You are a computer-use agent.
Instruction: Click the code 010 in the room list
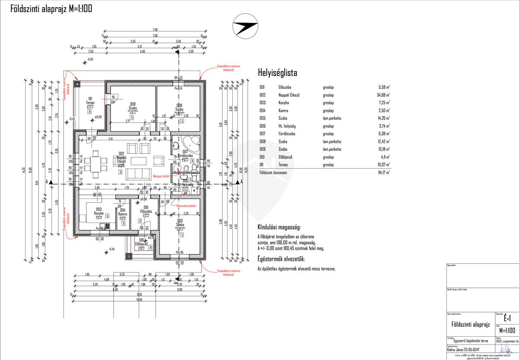pyautogui.click(x=262, y=157)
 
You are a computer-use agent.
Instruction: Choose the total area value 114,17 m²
pyautogui.click(x=382, y=172)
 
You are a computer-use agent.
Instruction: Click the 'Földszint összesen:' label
pyautogui.click(x=276, y=172)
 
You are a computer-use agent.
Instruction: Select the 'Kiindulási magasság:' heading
pyautogui.click(x=279, y=227)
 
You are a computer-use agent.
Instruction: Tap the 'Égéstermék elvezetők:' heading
pyautogui.click(x=281, y=259)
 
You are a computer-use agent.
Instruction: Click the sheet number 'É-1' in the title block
pyautogui.click(x=507, y=318)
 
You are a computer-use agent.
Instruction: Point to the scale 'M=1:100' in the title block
pyautogui.click(x=507, y=331)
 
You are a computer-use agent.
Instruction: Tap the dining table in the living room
pyautogui.click(x=96, y=166)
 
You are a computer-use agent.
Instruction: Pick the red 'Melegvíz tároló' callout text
pyautogui.click(x=160, y=176)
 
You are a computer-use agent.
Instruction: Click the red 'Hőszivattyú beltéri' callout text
pyautogui.click(x=186, y=206)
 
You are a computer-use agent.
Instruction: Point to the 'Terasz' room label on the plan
pyautogui.click(x=90, y=103)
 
